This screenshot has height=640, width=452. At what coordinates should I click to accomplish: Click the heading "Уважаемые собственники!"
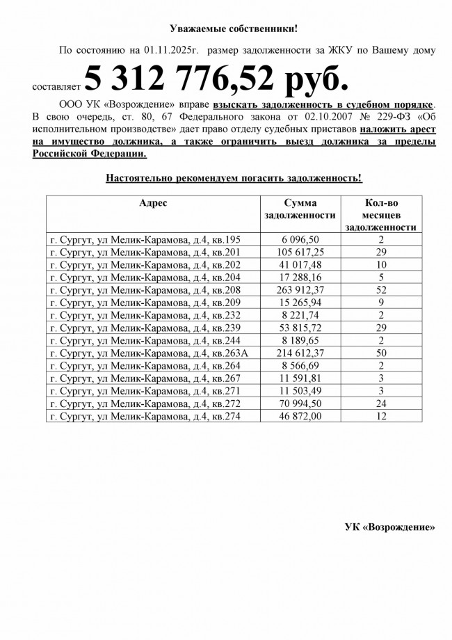pos(234,29)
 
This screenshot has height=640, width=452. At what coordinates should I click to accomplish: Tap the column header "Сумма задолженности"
pos(300,209)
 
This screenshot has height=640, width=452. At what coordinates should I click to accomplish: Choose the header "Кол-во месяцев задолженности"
pos(380,214)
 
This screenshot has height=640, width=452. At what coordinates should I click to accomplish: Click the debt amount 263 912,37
pos(300,290)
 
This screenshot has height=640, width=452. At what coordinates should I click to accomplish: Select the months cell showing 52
pos(380,290)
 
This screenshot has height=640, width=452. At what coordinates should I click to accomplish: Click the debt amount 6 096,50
pos(300,239)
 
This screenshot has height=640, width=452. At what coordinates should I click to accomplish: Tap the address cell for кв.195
pos(145,239)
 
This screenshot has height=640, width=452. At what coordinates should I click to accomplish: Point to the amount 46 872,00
pos(300,416)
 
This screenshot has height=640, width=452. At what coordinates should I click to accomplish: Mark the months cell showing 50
pos(380,353)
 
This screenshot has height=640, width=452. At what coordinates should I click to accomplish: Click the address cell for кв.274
pos(145,416)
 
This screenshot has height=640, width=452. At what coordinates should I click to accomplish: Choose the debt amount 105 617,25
pos(300,252)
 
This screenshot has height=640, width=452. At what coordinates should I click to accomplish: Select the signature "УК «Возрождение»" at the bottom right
pos(389,527)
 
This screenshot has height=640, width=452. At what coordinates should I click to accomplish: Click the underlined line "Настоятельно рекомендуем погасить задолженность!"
pos(234,178)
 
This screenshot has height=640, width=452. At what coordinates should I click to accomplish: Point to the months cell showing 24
pos(380,403)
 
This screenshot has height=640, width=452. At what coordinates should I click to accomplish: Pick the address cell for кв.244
pos(145,340)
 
